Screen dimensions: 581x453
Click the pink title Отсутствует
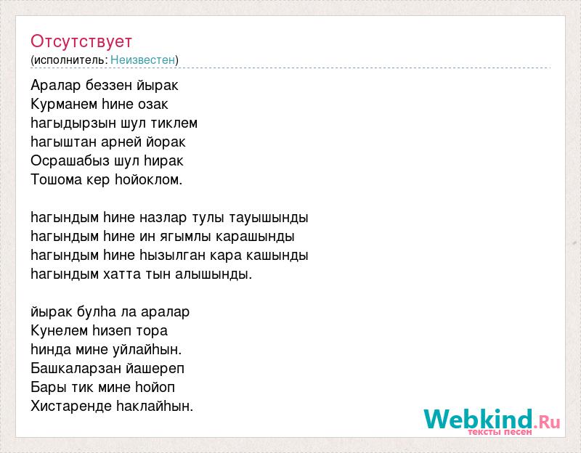[x=81, y=41]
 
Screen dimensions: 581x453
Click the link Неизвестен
[x=142, y=60]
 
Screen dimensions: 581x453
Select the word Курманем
[x=64, y=104]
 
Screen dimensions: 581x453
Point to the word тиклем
[x=174, y=123]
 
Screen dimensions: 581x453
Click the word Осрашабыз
[x=70, y=160]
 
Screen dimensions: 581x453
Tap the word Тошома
[x=57, y=179]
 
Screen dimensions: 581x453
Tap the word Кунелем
[x=60, y=330]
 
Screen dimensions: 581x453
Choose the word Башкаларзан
[x=76, y=369]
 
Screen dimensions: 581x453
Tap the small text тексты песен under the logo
[x=500, y=432]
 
